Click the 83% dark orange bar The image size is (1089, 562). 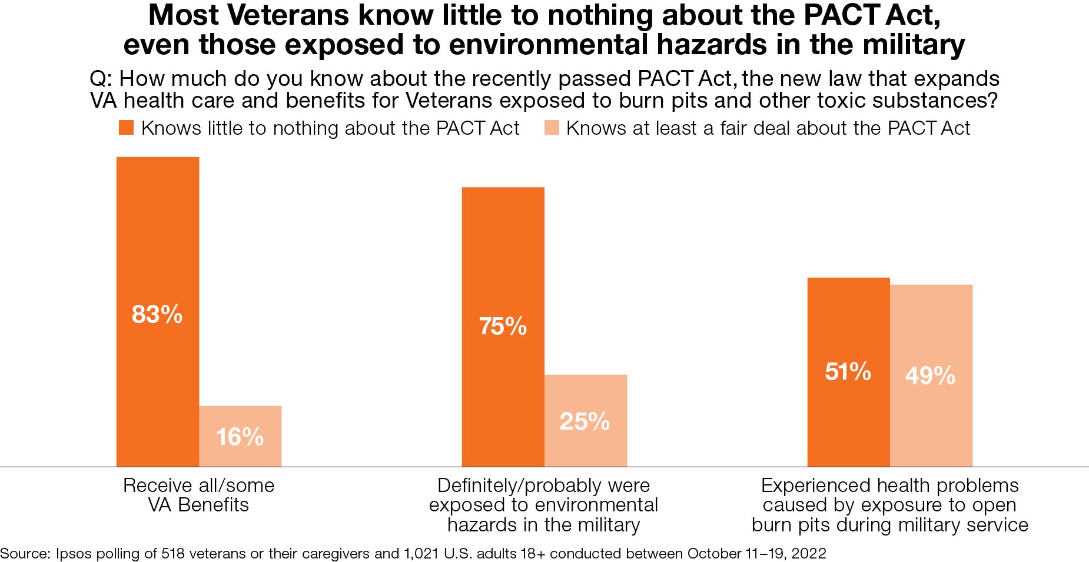pos(157,312)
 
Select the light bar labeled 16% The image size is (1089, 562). pos(240,436)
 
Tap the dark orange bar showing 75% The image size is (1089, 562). pos(503,327)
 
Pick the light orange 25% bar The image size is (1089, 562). pos(585,421)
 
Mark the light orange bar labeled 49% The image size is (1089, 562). pos(931,375)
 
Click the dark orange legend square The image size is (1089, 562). pos(126,128)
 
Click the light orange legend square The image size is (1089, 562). pos(552,128)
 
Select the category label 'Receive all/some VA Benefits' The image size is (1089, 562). pos(198,495)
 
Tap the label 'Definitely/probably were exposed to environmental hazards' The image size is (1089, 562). pos(543,505)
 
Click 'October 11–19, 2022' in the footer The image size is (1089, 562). pos(756,554)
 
